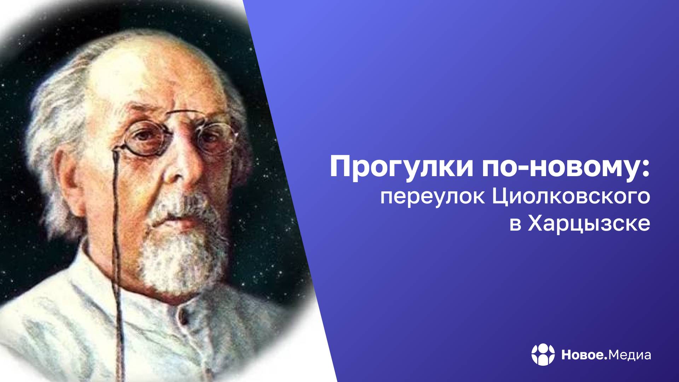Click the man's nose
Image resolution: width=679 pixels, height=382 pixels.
pos(177,170)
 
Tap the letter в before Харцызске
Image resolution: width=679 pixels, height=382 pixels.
pos(515,225)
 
